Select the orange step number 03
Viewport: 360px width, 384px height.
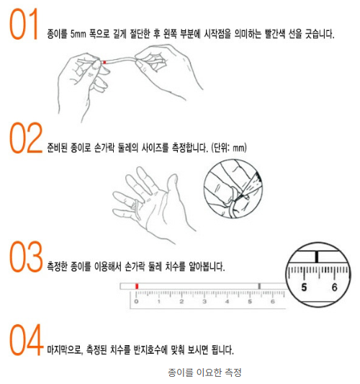[x=26, y=256]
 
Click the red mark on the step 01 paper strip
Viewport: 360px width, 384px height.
[x=105, y=63]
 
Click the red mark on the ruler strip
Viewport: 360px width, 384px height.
[x=136, y=287]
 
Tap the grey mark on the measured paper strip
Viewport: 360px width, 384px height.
[x=258, y=287]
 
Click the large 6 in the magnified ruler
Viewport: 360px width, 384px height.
[x=333, y=287]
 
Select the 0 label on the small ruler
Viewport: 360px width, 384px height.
[x=136, y=303]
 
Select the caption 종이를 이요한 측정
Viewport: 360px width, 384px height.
[x=204, y=372]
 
